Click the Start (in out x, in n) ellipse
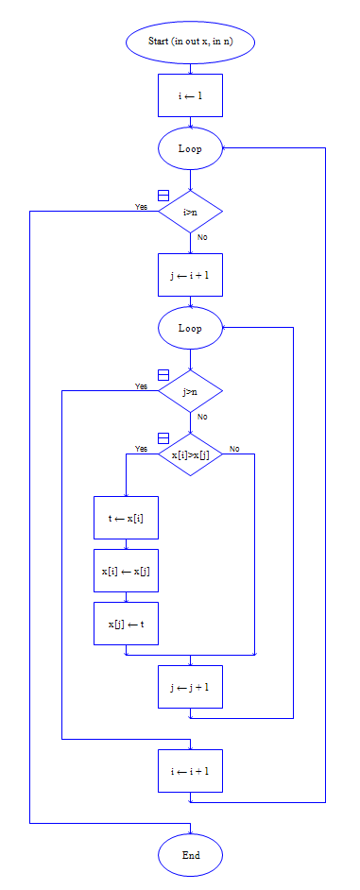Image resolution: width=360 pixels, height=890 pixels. coord(190,43)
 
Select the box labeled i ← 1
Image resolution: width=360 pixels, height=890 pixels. coord(190,95)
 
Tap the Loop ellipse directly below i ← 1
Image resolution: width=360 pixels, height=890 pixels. coord(190,148)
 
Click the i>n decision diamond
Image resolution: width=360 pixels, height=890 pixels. coord(190,212)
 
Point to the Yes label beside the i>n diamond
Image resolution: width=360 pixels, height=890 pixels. coord(141,206)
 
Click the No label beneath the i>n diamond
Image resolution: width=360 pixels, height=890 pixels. coord(202,237)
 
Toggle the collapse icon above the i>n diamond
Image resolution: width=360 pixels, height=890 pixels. coord(163,195)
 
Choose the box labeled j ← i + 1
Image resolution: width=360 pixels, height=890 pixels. coord(190,275)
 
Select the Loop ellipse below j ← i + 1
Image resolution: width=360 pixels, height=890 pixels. coord(190,329)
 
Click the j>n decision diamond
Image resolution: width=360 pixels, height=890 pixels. coord(190,391)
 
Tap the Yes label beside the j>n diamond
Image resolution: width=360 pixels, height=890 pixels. coord(141,385)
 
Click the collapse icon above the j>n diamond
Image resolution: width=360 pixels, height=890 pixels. coord(163,375)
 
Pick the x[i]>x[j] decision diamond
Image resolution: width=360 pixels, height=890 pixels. coord(190,454)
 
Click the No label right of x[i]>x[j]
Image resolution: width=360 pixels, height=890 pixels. coord(234,448)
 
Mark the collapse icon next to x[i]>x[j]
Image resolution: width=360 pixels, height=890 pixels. coord(163,438)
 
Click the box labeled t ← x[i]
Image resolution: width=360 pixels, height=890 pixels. coord(126,518)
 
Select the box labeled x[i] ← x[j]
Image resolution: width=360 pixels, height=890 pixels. coord(126,571)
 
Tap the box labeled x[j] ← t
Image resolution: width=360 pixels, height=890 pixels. coord(126,624)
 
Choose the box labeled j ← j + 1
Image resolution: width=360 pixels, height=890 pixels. coord(190,687)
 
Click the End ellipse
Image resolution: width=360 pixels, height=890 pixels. coord(190,855)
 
